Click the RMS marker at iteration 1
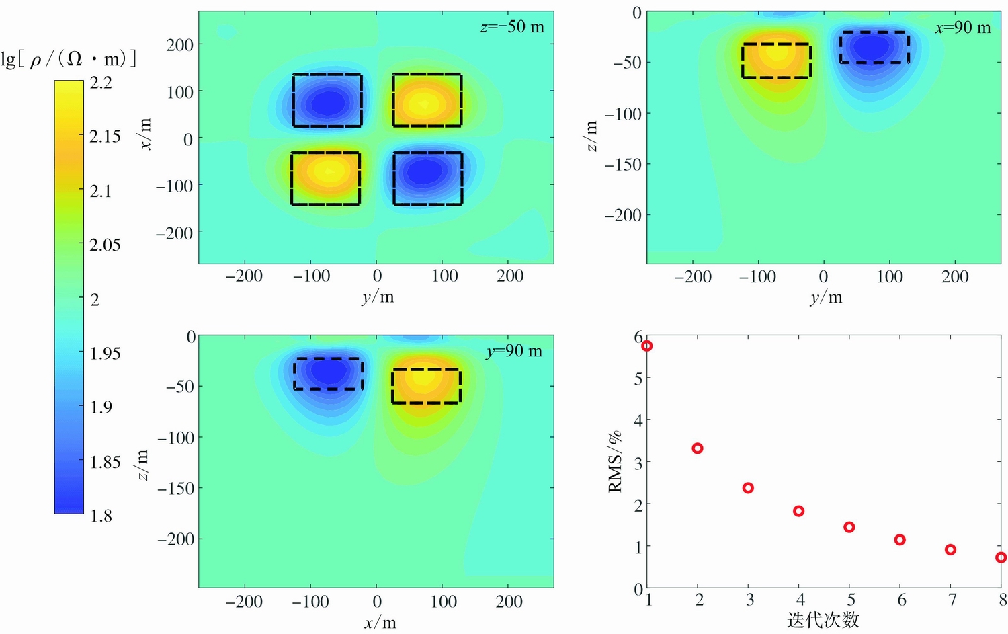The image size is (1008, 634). click(647, 346)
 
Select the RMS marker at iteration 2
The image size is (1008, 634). click(698, 448)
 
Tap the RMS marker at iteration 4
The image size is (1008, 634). click(798, 511)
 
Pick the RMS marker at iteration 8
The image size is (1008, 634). click(1001, 557)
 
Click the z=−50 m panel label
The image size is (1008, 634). click(511, 27)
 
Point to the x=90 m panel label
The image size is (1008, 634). click(962, 28)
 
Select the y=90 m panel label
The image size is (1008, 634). click(513, 351)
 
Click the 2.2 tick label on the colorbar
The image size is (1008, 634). click(101, 83)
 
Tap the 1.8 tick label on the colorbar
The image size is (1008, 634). click(101, 516)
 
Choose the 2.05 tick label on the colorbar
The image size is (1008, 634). click(105, 245)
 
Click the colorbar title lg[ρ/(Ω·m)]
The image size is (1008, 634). click(69, 59)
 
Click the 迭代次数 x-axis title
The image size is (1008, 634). click(823, 619)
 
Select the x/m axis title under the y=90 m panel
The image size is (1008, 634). click(380, 623)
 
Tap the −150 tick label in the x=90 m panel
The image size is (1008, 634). click(623, 164)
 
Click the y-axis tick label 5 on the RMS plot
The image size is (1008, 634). click(638, 378)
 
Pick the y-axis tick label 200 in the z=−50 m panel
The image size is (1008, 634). click(179, 45)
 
